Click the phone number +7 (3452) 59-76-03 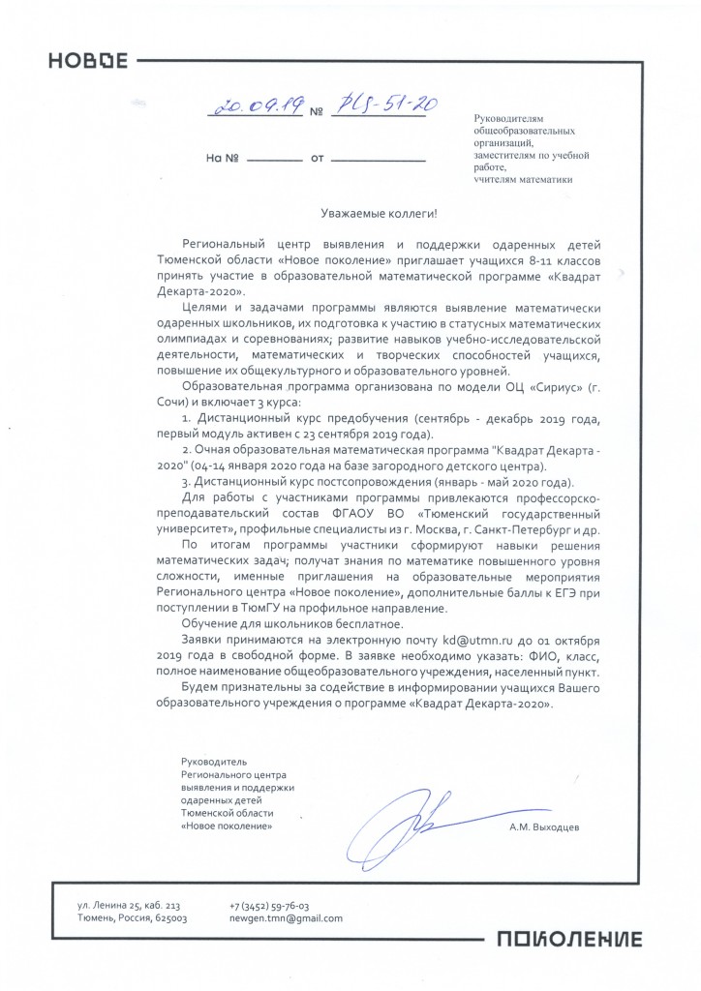coord(269,902)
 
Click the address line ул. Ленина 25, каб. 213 coord(129,902)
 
